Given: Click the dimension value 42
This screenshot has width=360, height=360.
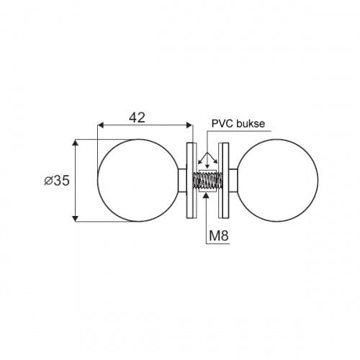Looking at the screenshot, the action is (x=137, y=118).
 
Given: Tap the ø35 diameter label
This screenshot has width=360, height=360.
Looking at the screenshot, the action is (x=57, y=181).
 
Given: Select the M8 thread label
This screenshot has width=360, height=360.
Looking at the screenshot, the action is (x=219, y=235).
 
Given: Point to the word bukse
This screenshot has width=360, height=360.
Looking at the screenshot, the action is (x=251, y=123).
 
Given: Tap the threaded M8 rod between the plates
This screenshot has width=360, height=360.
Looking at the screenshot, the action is (x=208, y=181).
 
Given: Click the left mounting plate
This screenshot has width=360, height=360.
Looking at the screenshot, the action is (x=192, y=181).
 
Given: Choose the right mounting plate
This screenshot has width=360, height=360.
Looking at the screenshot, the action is (x=223, y=181).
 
